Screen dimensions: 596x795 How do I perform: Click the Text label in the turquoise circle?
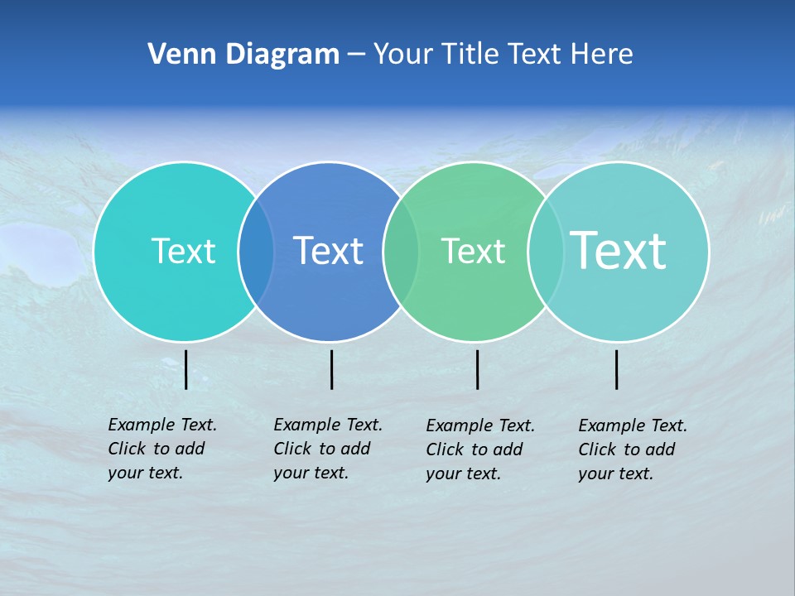tap(183, 251)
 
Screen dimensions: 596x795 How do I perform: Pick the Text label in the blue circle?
tap(329, 251)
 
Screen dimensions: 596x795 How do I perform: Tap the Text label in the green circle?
tap(473, 251)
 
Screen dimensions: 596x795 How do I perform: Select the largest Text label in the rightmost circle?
tap(619, 250)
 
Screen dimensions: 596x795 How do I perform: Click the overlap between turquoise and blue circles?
tap(256, 251)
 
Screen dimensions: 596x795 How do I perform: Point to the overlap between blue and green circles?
tap(401, 251)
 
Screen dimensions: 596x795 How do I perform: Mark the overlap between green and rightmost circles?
tap(545, 251)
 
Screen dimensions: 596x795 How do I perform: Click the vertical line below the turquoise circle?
tap(185, 369)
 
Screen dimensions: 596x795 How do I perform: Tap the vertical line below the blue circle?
tap(331, 369)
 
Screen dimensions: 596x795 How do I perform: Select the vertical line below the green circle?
tap(477, 369)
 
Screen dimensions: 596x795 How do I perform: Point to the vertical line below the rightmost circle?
tap(616, 369)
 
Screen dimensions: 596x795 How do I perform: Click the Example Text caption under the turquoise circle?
tap(162, 449)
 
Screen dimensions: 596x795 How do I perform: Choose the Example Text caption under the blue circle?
tap(328, 449)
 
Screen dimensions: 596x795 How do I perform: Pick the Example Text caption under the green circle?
tap(480, 449)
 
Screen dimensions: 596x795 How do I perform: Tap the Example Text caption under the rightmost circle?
tap(633, 449)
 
